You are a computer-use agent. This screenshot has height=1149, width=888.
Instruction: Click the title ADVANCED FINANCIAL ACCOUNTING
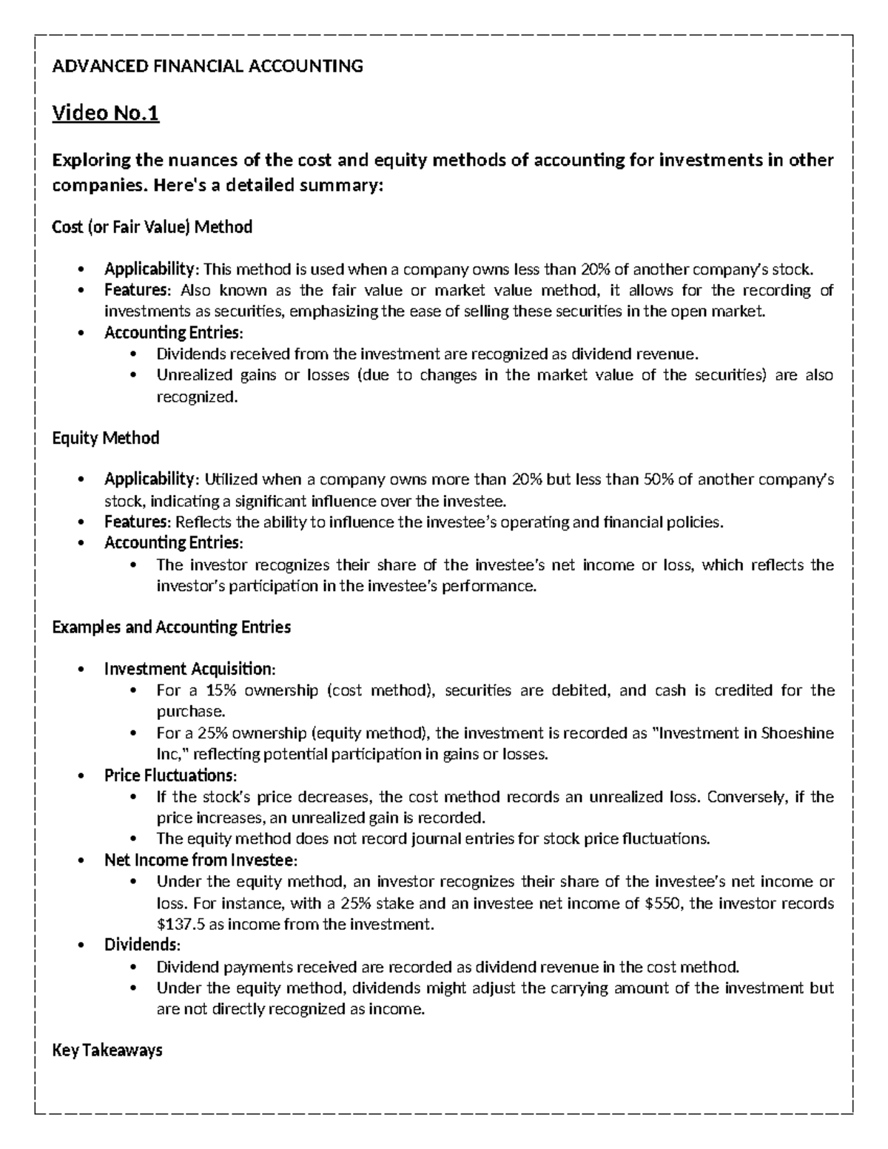pos(207,67)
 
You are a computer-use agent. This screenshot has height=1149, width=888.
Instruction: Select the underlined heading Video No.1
pos(105,114)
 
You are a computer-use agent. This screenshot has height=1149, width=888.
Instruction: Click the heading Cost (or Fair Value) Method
pos(152,227)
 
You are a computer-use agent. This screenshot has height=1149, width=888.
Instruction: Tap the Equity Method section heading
pos(105,438)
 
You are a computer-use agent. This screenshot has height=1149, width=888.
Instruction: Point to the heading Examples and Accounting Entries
pos(171,627)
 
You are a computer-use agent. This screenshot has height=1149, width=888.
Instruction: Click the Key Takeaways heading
pos(107,1050)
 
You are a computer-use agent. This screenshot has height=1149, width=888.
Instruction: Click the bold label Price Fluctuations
pos(169,775)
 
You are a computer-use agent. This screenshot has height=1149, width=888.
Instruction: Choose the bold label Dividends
pos(141,946)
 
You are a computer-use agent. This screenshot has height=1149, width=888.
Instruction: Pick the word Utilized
pos(231,479)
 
